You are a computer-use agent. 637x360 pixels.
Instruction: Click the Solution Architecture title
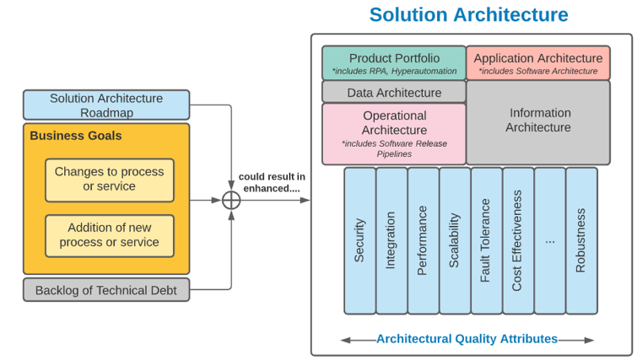[x=468, y=15]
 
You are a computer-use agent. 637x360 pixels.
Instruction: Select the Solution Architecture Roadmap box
[x=106, y=105]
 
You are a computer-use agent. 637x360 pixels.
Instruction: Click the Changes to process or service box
[x=110, y=180]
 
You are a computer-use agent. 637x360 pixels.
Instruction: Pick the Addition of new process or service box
[x=110, y=235]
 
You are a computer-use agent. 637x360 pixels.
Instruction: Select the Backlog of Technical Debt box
[x=106, y=291]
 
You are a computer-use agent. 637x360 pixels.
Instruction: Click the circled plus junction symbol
[x=231, y=201]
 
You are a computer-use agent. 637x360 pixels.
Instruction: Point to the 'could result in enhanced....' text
[x=272, y=182]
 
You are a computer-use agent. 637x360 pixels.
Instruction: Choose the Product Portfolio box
[x=394, y=63]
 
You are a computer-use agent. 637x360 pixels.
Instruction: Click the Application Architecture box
[x=538, y=63]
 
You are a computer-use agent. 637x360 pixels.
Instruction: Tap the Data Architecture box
[x=394, y=93]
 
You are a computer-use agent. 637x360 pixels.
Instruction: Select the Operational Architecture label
[x=394, y=122]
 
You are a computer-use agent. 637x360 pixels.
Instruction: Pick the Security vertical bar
[x=360, y=240]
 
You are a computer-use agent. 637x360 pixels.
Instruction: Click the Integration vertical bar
[x=391, y=240]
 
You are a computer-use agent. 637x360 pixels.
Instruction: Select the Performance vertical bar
[x=423, y=240]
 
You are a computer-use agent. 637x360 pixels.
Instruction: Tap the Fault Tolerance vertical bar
[x=486, y=240]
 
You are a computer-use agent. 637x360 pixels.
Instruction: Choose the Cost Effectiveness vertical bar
[x=517, y=240]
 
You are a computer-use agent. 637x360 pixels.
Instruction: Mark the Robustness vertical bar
[x=580, y=240]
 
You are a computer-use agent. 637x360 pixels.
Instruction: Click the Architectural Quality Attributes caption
[x=467, y=339]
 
